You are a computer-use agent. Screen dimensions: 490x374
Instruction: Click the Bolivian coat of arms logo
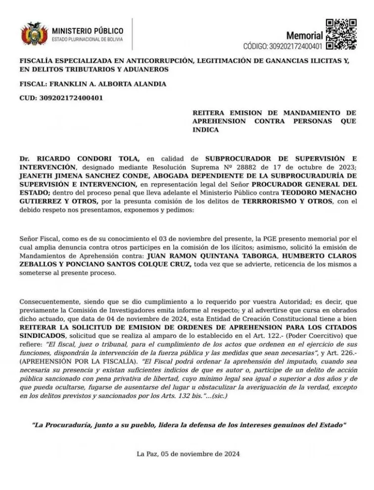pos(34,33)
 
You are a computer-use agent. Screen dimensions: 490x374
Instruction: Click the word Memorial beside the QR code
pos(305,35)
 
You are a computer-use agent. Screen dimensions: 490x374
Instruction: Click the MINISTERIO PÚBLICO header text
pos(88,30)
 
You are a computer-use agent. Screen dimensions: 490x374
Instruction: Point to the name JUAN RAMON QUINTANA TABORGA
pos(201,256)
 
